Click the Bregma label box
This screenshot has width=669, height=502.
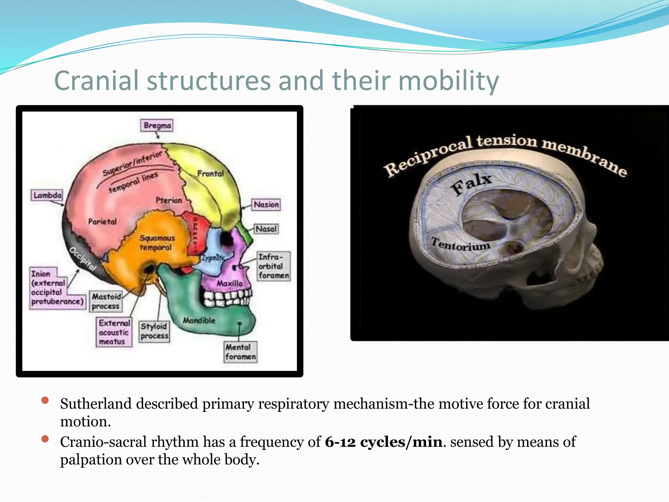click(157, 125)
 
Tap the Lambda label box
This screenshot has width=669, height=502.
click(47, 195)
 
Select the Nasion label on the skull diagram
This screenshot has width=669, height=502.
click(266, 205)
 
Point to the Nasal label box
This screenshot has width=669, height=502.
click(266, 229)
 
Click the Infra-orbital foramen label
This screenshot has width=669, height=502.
click(273, 266)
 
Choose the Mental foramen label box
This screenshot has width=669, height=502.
click(240, 352)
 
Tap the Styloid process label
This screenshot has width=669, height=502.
click(154, 331)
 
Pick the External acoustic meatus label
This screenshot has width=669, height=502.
click(114, 332)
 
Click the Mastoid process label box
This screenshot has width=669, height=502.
click(106, 301)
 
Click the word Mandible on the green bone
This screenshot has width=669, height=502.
click(199, 320)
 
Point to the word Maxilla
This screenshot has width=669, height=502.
click(230, 283)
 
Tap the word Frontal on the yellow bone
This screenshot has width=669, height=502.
click(210, 174)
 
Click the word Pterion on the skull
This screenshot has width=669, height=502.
click(169, 200)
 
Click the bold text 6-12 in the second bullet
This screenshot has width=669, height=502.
click(340, 442)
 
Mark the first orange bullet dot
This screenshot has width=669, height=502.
click(45, 400)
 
